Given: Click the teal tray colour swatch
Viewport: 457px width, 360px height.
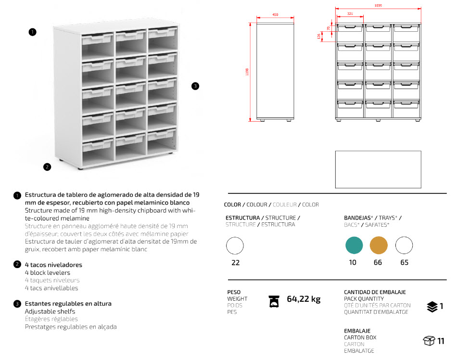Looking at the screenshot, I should point(354,245).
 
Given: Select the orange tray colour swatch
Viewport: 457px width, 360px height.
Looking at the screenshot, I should point(379,245).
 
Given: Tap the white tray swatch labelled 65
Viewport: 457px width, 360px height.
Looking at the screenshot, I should point(404,245).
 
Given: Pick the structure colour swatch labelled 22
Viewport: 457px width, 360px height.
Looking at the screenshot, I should point(235,246).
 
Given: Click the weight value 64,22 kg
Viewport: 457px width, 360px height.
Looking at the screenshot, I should point(303,299).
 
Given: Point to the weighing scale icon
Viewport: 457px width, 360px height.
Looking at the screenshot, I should point(274,301).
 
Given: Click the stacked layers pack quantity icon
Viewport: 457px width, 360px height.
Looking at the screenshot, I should point(432,307).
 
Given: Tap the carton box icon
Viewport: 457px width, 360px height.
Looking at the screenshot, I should point(429,341).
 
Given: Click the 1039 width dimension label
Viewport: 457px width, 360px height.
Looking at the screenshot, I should point(378,6).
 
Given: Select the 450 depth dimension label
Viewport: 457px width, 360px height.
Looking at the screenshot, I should point(275,15).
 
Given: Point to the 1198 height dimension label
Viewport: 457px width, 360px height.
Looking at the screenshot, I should point(247,72).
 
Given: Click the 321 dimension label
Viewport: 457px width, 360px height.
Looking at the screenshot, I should point(350,14).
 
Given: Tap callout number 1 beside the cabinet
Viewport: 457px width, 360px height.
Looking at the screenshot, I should point(32,32).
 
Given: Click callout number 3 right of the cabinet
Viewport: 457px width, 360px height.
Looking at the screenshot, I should point(195,86).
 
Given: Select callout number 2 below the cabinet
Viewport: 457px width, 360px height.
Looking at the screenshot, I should point(47,167).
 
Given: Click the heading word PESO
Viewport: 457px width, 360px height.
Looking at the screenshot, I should point(234,292).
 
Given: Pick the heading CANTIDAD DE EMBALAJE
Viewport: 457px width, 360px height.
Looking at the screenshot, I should point(375,292).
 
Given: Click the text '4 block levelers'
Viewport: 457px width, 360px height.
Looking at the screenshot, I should point(48,273).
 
